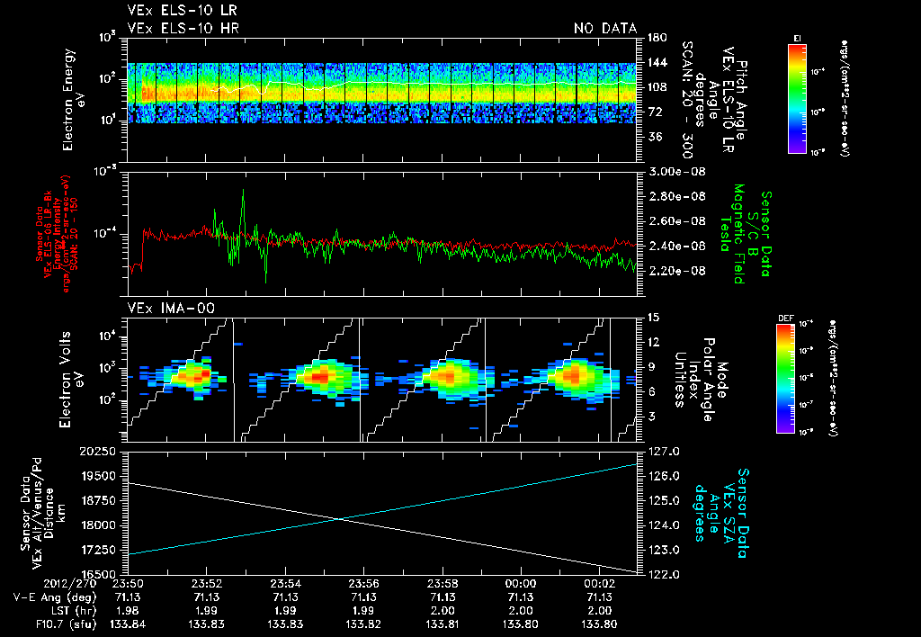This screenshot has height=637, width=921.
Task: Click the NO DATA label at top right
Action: (605, 29)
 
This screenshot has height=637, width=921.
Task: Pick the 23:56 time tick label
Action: (364, 583)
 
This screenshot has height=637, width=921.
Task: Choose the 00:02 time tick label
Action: (599, 583)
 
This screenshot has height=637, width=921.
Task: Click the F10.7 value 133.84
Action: (130, 623)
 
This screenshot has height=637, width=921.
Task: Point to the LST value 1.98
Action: (130, 609)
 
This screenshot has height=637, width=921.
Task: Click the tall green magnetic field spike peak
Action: (243, 191)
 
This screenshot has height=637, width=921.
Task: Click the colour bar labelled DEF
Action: (791, 378)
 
